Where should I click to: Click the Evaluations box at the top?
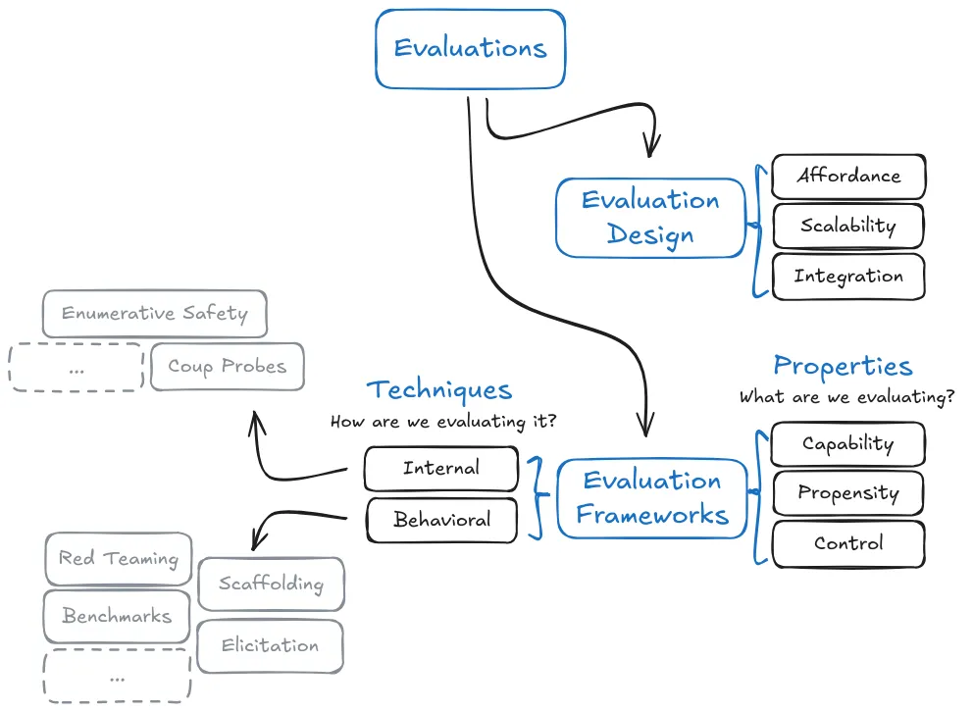(x=470, y=48)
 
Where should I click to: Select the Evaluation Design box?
(x=650, y=217)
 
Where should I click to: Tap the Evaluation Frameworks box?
(x=652, y=497)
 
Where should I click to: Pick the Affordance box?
(x=848, y=177)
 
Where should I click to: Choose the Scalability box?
(x=848, y=227)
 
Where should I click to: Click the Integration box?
(x=848, y=277)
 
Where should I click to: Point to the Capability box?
(x=847, y=443)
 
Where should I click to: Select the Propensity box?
(x=847, y=492)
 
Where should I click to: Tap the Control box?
(x=847, y=543)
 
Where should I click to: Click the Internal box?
(x=440, y=469)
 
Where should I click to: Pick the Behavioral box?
(x=441, y=520)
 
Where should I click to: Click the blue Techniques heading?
(x=439, y=390)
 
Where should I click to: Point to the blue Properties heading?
(x=843, y=367)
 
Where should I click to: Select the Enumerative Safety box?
(x=154, y=314)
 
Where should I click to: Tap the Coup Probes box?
(x=227, y=367)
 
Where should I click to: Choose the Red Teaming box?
(x=118, y=559)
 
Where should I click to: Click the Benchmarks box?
(x=117, y=617)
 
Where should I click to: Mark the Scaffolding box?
(x=271, y=584)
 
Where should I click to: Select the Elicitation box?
(x=270, y=645)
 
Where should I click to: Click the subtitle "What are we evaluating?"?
(x=846, y=397)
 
